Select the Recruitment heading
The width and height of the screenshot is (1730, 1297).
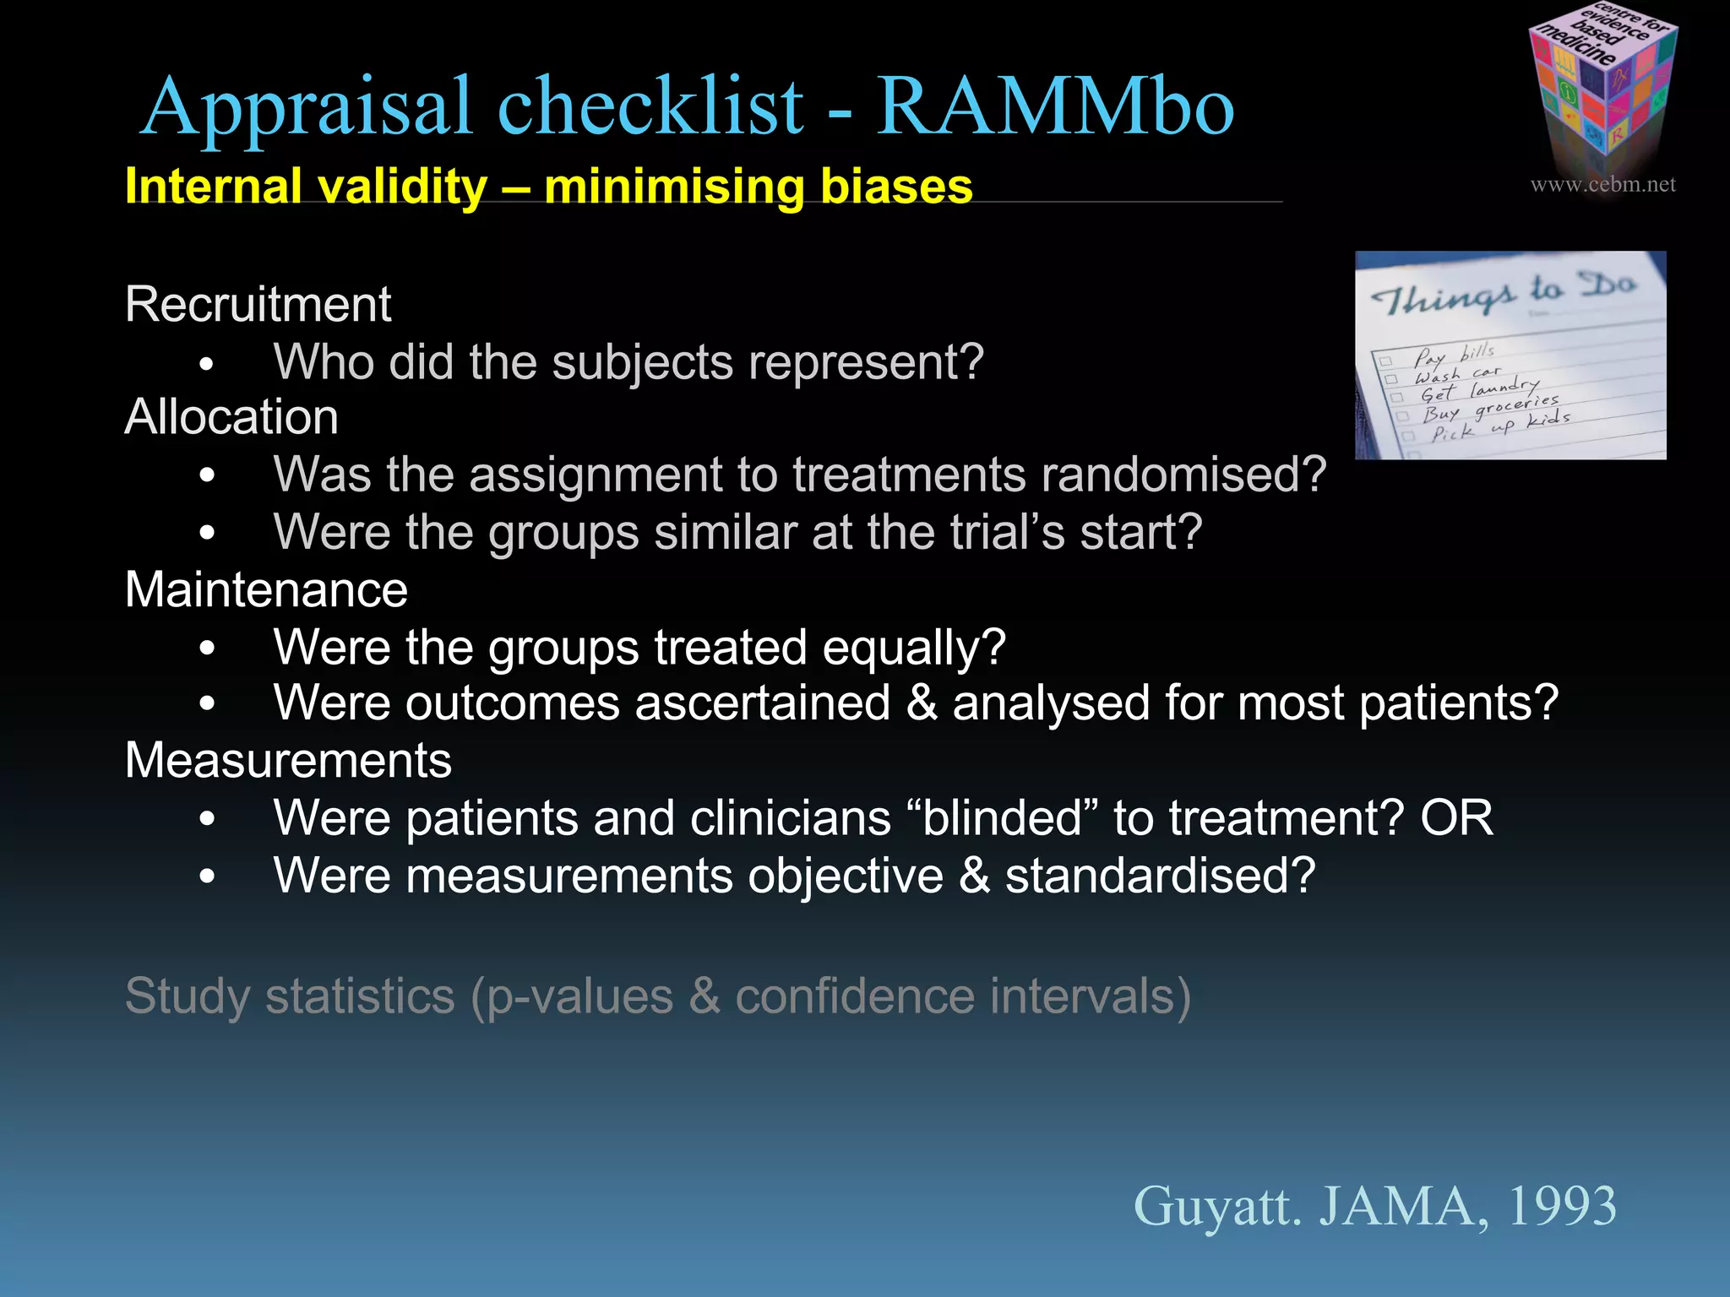tap(258, 304)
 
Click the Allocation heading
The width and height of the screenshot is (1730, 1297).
tap(231, 417)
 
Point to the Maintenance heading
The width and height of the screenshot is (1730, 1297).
tap(266, 589)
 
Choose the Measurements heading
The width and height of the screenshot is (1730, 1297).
tap(288, 760)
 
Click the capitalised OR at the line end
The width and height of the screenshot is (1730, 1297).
tap(1456, 818)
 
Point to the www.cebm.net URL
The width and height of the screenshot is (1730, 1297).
tap(1602, 184)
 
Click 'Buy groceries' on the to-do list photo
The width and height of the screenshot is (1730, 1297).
tap(1490, 406)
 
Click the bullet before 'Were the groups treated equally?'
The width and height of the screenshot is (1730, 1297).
tap(208, 648)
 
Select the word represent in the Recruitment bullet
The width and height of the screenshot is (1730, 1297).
tap(865, 363)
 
